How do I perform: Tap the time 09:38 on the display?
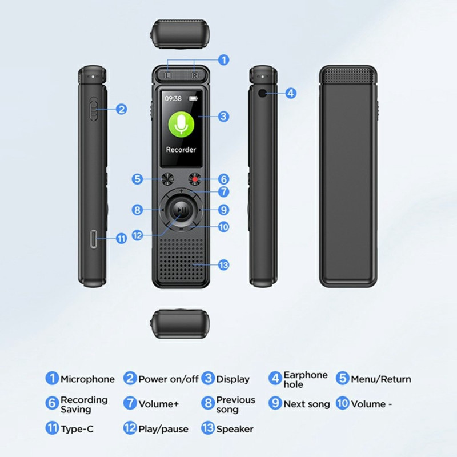coord(174,98)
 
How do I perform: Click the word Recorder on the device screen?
coord(181,150)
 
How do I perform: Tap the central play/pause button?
coord(180,211)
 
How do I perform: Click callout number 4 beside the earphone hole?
coord(291,93)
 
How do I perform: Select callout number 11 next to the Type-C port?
coord(122,239)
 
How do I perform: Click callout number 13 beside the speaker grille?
coord(223,264)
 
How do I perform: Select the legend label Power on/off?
coord(168,379)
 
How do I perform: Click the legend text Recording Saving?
coord(83,404)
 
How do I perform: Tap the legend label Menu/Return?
coord(380,379)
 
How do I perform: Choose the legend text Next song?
coord(307,404)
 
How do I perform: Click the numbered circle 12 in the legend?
coord(130,428)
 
